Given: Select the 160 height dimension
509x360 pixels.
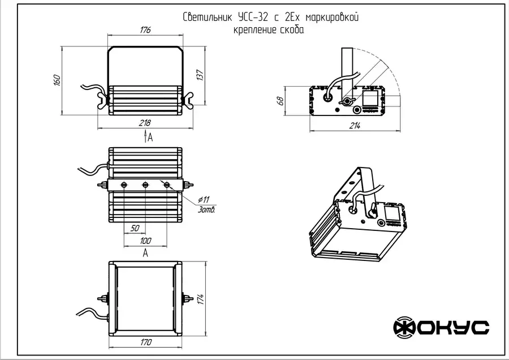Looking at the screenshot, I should pos(57,80).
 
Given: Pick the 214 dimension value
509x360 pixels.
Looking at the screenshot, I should pos(354,126).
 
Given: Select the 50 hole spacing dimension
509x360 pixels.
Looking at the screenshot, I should pos(135,228).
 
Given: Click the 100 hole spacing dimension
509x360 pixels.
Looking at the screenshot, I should pos(145,241).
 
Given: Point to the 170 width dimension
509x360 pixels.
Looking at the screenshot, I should pos(145,342).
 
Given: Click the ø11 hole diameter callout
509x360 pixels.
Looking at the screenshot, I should pos(204,199).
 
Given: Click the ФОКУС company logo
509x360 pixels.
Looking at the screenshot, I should pos(441,327).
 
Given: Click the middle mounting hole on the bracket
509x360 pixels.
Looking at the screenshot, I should pos(145,185).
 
